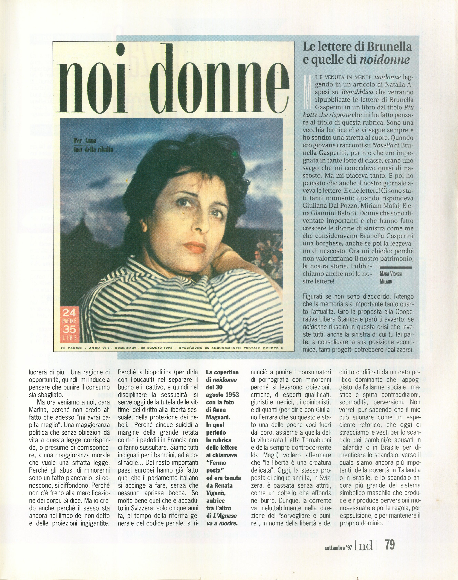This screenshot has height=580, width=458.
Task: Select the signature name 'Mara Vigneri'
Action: [391, 274]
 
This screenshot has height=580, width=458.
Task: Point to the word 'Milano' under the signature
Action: [386, 282]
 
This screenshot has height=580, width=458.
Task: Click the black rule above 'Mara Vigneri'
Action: [396, 267]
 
